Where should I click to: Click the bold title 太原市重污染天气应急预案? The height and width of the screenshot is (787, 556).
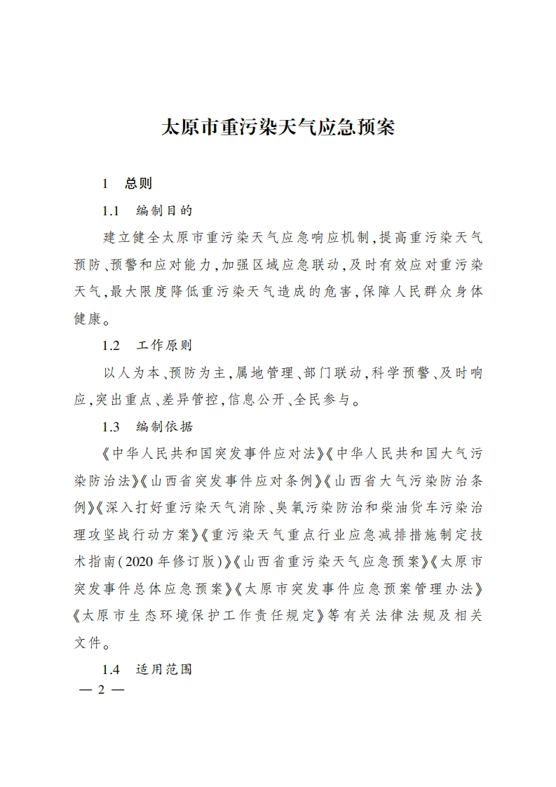click(278, 128)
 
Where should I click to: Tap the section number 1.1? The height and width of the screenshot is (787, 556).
click(112, 210)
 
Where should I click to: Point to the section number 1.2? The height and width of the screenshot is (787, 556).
click(112, 346)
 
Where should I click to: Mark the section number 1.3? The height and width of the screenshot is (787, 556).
click(112, 426)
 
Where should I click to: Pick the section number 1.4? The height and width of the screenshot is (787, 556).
click(112, 669)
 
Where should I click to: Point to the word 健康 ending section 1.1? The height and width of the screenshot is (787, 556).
click(88, 318)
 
